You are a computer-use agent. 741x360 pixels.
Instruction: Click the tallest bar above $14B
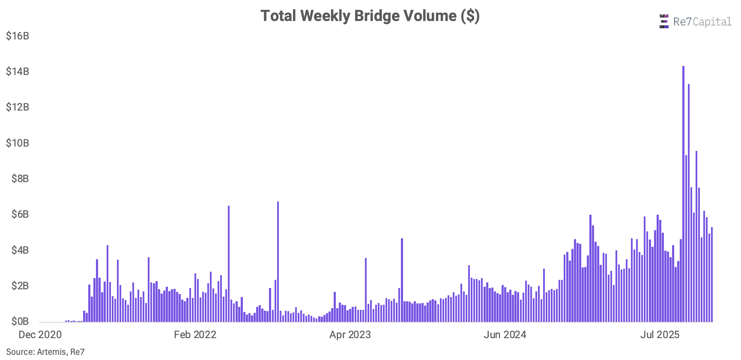coord(683,194)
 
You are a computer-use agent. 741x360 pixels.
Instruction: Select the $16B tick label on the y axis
coord(18,36)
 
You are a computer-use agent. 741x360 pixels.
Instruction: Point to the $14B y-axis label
coord(18,71)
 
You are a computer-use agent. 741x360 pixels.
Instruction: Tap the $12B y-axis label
coord(18,107)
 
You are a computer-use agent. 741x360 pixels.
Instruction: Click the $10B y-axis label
coord(18,143)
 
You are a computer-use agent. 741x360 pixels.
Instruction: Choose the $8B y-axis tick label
coord(20,178)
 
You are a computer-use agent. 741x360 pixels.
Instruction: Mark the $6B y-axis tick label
coord(20,214)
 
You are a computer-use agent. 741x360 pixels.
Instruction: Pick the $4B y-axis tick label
coord(20,250)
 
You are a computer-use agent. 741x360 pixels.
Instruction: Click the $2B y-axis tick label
coord(20,285)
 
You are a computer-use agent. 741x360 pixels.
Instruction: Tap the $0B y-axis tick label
coord(20,321)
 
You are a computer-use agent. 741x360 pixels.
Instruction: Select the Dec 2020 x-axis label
coord(40,335)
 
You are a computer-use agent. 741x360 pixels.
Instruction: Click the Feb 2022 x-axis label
coord(195,335)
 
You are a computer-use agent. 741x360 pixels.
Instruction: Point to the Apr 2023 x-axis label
coord(350,335)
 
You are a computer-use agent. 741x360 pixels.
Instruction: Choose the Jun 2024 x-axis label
coord(505,335)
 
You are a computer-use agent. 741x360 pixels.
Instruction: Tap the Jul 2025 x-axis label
coord(660,335)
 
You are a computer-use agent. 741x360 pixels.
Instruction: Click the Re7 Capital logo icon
coord(664,21)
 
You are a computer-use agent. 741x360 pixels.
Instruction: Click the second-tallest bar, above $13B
coord(689,203)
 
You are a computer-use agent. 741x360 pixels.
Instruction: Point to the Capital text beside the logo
coord(712,22)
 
